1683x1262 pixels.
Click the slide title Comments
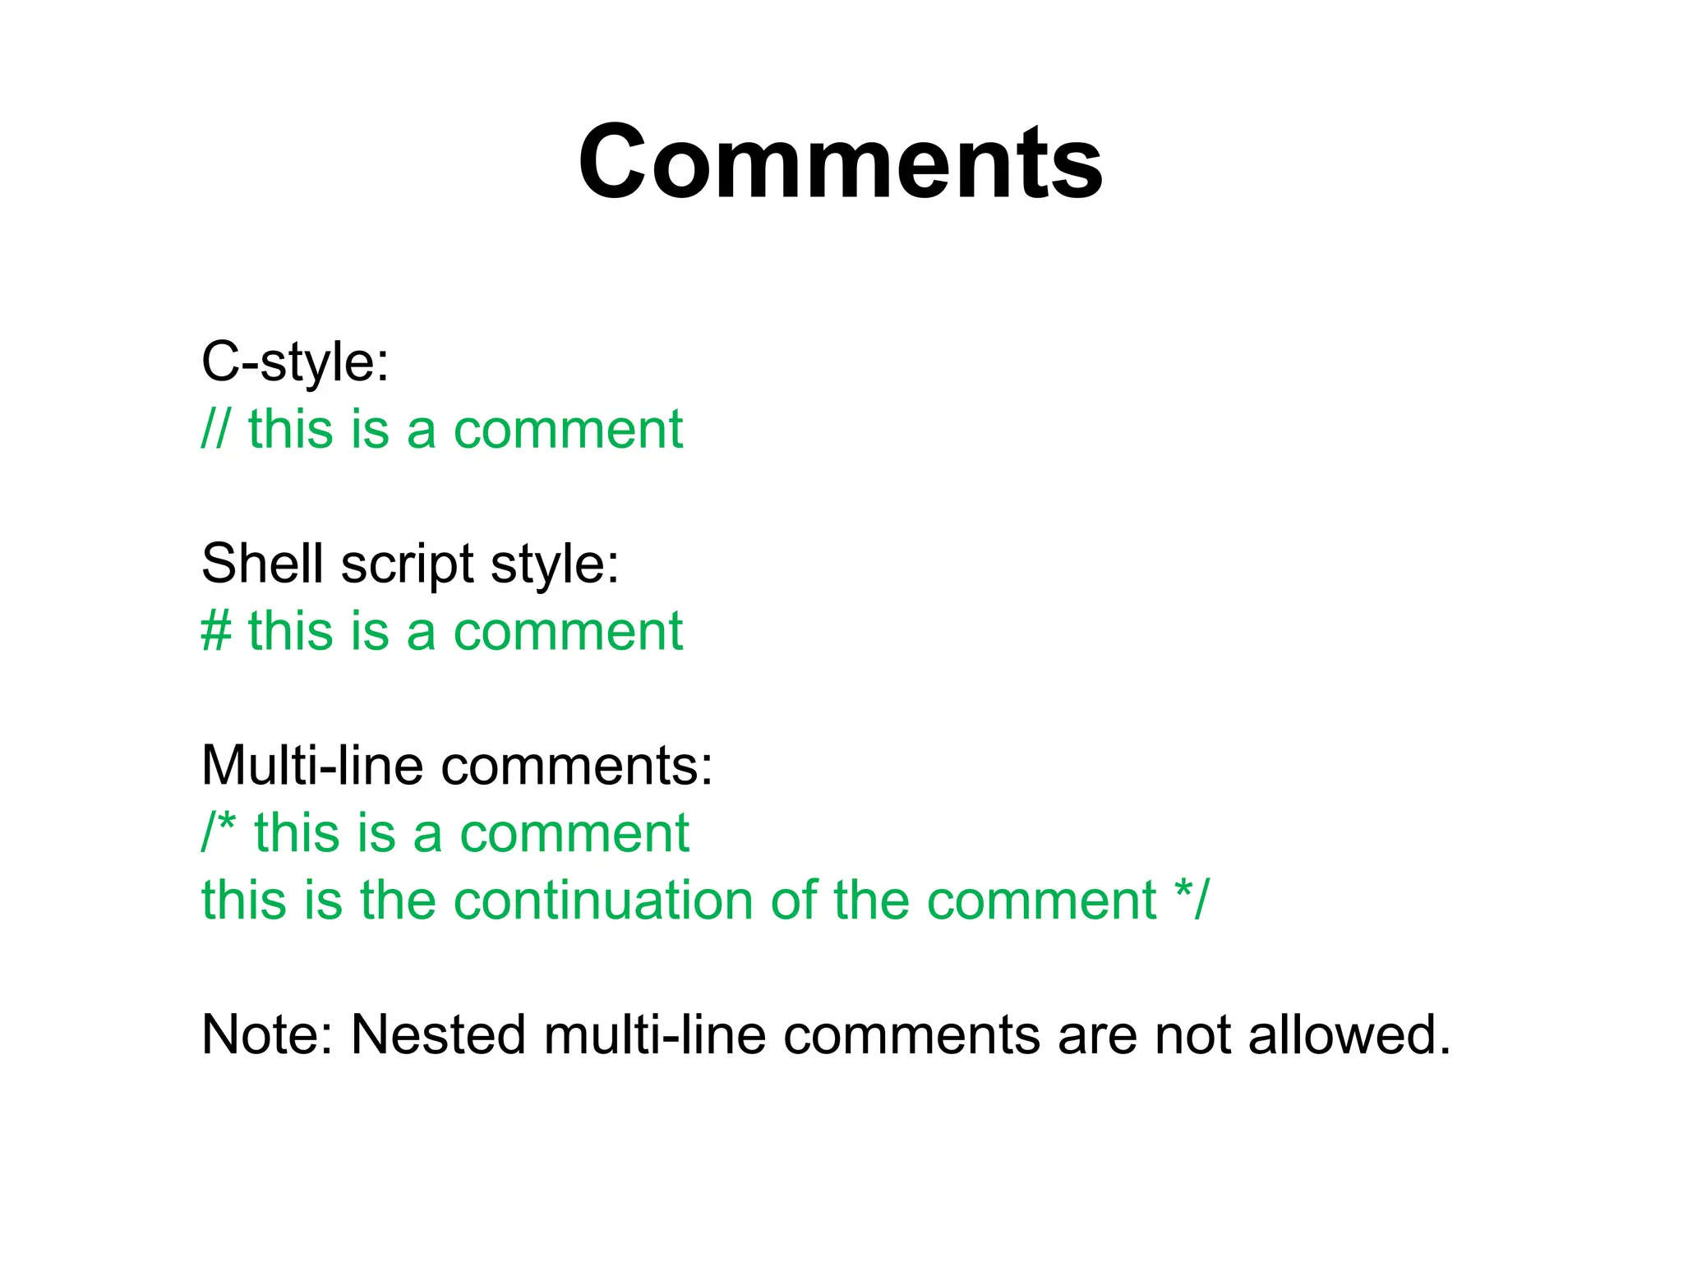point(840,162)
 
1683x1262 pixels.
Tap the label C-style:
point(295,362)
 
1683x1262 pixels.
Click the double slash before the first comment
point(215,429)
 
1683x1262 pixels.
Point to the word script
point(407,565)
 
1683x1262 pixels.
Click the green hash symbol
point(216,631)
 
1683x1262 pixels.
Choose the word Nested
point(438,1034)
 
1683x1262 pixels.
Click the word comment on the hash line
point(568,632)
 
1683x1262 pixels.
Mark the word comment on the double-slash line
point(568,430)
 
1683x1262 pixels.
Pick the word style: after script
point(555,565)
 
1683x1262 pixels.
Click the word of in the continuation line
point(795,900)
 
